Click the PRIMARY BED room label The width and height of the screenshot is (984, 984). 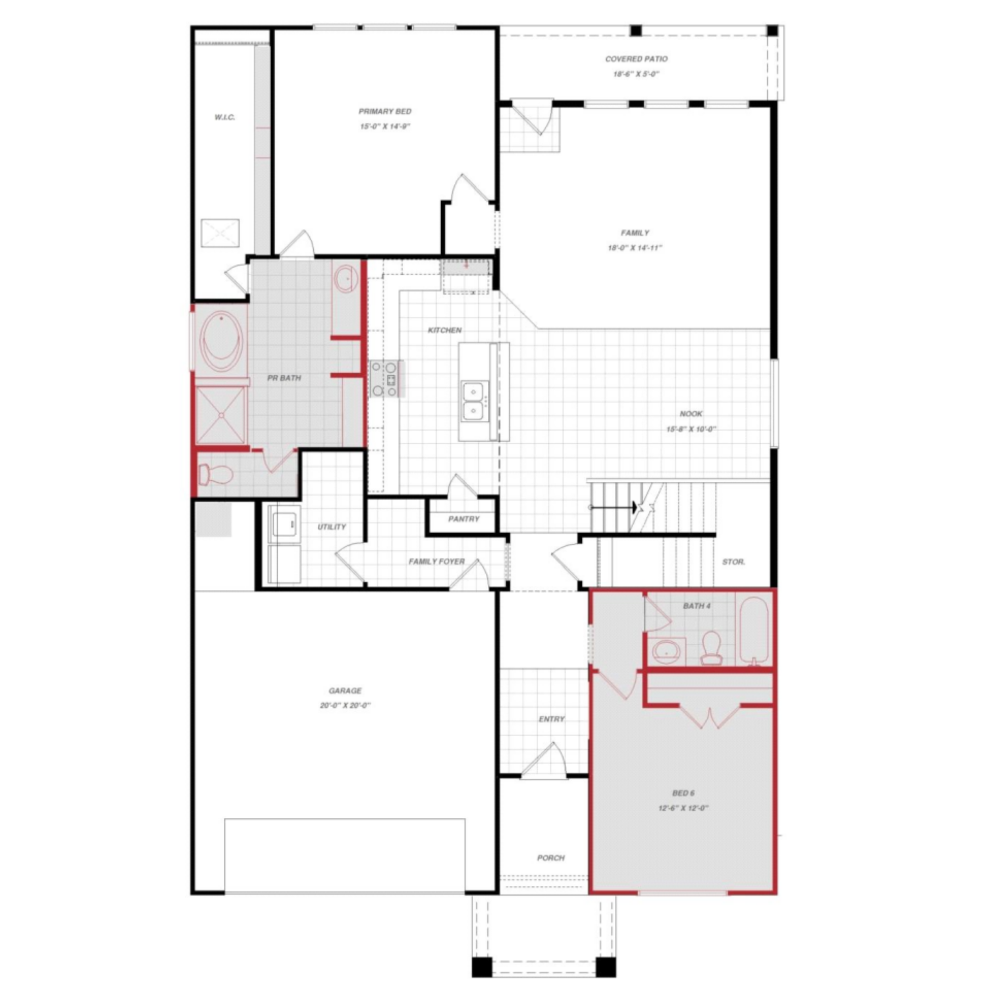(385, 111)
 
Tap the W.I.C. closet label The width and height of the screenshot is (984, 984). (224, 117)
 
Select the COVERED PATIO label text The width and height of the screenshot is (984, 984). (636, 59)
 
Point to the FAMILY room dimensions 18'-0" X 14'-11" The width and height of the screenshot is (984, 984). (635, 248)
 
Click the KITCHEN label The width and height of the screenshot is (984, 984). (444, 330)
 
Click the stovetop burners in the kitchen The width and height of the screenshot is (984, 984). (385, 379)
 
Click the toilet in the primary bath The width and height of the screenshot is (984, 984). (215, 474)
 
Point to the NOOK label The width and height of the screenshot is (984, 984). (691, 414)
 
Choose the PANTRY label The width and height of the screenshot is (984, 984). (463, 519)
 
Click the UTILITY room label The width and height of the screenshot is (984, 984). (332, 527)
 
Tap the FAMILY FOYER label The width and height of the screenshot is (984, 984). (437, 562)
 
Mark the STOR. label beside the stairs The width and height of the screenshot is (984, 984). (733, 562)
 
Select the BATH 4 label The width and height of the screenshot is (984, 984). (696, 606)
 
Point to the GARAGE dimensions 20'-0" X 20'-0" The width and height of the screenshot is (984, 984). (345, 706)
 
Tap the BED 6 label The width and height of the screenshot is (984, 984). (683, 793)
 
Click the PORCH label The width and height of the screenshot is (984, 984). (551, 858)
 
